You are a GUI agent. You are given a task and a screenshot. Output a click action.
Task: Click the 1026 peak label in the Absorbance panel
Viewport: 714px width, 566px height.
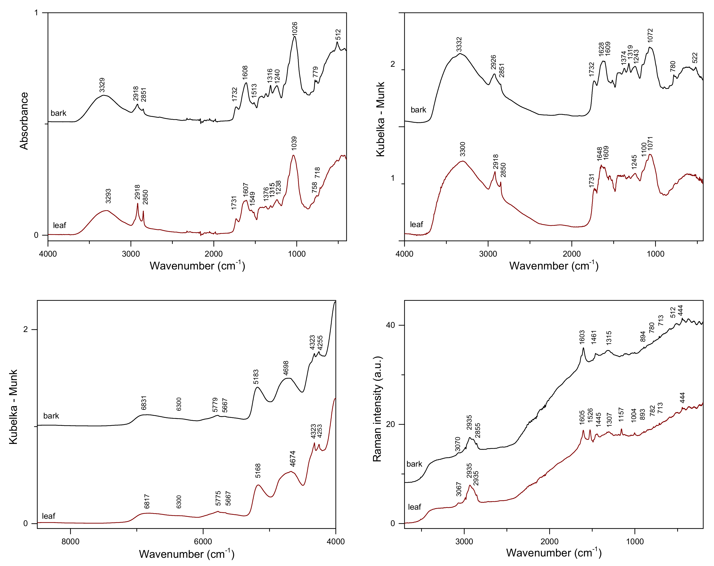(294, 29)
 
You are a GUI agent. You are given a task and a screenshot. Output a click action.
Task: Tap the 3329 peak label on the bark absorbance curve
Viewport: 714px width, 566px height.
(102, 85)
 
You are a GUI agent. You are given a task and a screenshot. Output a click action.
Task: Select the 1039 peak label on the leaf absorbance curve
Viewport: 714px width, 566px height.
(294, 143)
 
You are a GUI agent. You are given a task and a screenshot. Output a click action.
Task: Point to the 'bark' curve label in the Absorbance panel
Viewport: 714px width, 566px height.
(58, 113)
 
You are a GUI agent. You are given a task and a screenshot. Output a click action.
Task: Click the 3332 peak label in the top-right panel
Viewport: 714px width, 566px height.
(459, 45)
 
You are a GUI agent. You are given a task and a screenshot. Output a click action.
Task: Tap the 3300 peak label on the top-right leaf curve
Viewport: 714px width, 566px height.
(463, 149)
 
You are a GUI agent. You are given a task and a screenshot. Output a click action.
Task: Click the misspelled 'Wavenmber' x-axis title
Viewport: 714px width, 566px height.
(553, 266)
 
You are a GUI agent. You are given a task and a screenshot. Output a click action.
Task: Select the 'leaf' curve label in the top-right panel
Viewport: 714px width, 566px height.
(416, 225)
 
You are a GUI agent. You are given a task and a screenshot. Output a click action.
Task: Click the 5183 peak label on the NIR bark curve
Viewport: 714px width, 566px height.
(256, 377)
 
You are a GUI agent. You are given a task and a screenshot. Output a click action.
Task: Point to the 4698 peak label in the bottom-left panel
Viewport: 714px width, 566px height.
(286, 368)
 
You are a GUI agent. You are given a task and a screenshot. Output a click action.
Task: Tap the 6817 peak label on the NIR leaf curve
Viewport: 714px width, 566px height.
(147, 501)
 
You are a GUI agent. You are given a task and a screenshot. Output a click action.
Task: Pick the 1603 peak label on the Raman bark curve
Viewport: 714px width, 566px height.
(582, 337)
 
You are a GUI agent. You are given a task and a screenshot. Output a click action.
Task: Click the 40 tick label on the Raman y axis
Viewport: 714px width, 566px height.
(391, 325)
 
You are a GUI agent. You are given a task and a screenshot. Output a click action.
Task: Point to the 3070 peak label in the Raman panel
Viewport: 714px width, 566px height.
(458, 444)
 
